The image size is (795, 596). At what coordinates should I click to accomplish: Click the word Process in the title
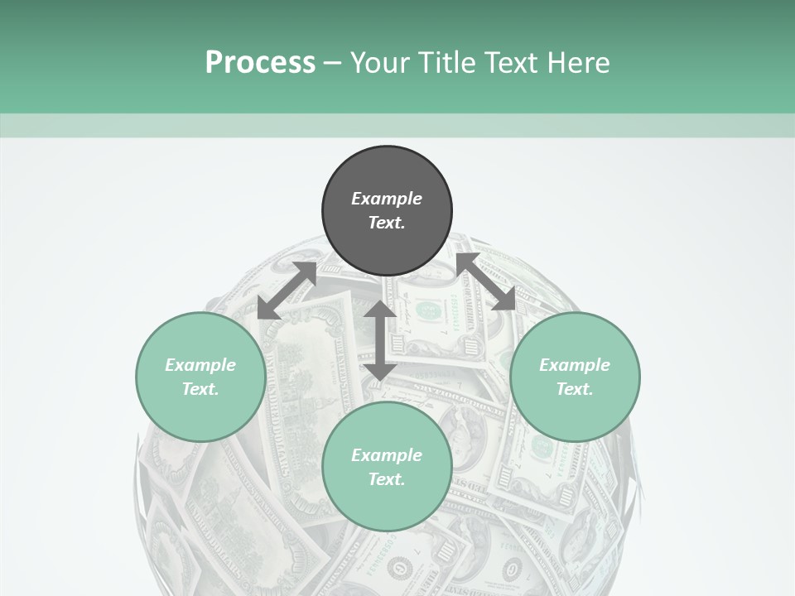point(260,63)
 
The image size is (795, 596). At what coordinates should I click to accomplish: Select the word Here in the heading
point(579,63)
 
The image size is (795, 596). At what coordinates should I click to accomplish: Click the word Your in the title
point(382,63)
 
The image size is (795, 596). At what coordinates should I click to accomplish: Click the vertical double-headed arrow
point(380,341)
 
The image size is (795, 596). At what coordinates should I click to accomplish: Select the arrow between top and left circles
point(287,291)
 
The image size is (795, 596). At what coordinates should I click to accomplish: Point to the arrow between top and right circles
point(485,281)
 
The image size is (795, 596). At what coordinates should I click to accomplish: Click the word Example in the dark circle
point(387,199)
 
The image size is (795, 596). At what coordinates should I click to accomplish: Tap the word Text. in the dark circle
point(387,223)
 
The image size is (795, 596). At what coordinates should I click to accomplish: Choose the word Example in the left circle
point(200,365)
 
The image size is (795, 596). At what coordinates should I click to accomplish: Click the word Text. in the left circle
point(200,389)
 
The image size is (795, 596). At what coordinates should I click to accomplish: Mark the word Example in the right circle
point(575,365)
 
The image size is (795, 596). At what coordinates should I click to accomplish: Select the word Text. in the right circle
point(575,389)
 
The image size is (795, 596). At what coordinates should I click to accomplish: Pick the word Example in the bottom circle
point(387,455)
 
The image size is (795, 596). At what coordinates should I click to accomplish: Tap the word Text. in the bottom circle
point(387,479)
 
